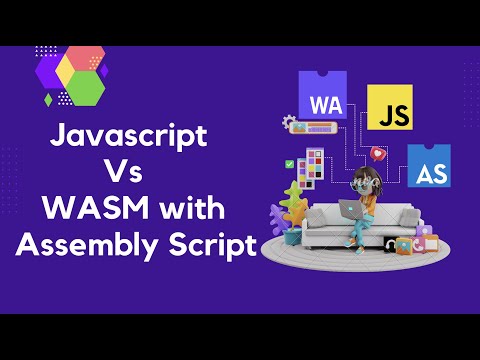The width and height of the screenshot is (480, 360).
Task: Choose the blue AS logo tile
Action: tap(430, 167)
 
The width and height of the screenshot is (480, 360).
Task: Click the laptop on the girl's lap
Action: tap(352, 208)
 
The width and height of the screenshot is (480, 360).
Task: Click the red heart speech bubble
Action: tap(377, 154)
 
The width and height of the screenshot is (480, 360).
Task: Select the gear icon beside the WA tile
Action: tap(290, 123)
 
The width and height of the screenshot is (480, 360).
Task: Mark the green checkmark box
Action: tap(289, 162)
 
